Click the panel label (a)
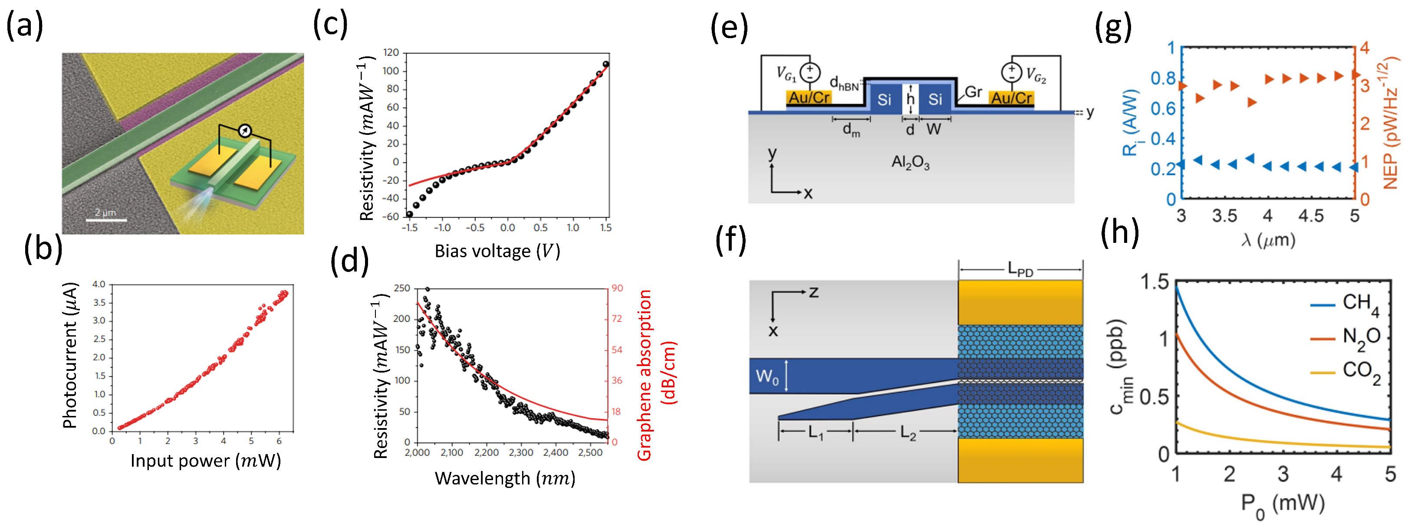click(24, 26)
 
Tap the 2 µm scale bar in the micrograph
click(106, 220)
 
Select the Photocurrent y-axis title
click(70, 356)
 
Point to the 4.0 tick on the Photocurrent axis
click(99, 284)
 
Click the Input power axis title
click(205, 461)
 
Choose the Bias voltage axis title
click(497, 251)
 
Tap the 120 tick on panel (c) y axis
click(391, 52)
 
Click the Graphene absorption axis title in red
click(657, 375)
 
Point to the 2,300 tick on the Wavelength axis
click(521, 453)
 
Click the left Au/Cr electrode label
click(809, 98)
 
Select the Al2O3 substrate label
click(911, 163)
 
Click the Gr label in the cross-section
click(974, 92)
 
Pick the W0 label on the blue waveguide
click(767, 377)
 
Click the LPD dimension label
click(1020, 269)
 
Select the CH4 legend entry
click(1361, 303)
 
